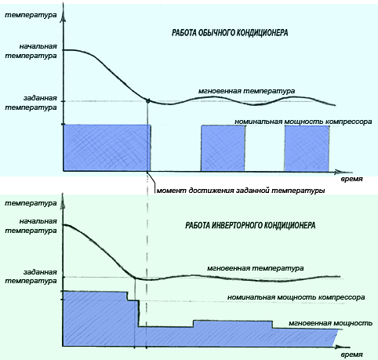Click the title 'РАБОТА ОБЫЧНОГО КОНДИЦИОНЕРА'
pyautogui.click(x=230, y=33)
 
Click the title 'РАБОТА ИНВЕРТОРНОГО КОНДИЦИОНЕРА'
pyautogui.click(x=250, y=225)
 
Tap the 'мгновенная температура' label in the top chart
pyautogui.click(x=246, y=91)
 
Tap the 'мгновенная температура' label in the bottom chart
pyautogui.click(x=256, y=268)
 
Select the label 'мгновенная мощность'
pyautogui.click(x=330, y=323)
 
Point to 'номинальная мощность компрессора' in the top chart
pyautogui.click(x=303, y=122)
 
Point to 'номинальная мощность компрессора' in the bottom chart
pyautogui.click(x=296, y=297)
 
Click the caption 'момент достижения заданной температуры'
pyautogui.click(x=241, y=191)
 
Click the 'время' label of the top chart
pyautogui.click(x=351, y=179)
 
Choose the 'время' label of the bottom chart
pyautogui.click(x=351, y=355)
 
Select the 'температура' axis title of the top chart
pyautogui.click(x=31, y=15)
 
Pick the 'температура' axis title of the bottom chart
pyautogui.click(x=31, y=203)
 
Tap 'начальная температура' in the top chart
pyautogui.click(x=31, y=51)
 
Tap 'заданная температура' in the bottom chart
pyautogui.click(x=31, y=276)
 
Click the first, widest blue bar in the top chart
pyautogui.click(x=107, y=148)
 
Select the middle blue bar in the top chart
pyautogui.click(x=223, y=148)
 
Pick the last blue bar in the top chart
pyautogui.click(x=307, y=148)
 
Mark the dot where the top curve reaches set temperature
pyautogui.click(x=147, y=100)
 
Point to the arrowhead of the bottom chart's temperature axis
pyautogui.click(x=63, y=202)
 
